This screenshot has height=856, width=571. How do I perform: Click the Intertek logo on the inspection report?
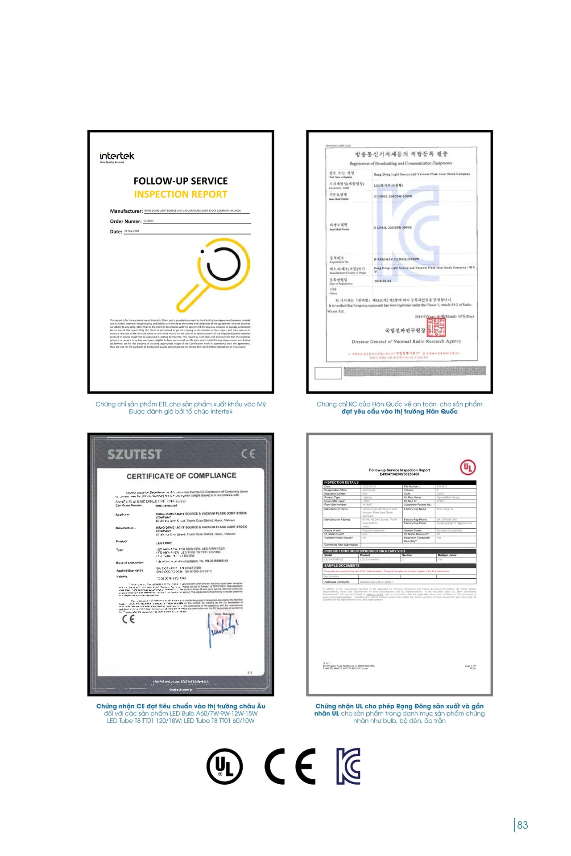pyautogui.click(x=117, y=156)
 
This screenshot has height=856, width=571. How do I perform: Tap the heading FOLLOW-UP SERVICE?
pyautogui.click(x=181, y=181)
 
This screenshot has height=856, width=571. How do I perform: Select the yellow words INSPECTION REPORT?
pyautogui.click(x=181, y=194)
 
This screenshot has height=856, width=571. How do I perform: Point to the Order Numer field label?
pyautogui.click(x=126, y=222)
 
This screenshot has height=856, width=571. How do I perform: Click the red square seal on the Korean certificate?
pyautogui.click(x=436, y=327)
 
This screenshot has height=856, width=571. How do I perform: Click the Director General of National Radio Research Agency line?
pyautogui.click(x=406, y=342)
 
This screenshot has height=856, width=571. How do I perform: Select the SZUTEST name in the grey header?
pyautogui.click(x=134, y=454)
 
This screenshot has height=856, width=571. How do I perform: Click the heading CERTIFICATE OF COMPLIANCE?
pyautogui.click(x=181, y=476)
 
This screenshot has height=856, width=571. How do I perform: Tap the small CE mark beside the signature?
pyautogui.click(x=128, y=619)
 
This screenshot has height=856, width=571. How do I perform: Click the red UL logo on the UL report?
pyautogui.click(x=468, y=467)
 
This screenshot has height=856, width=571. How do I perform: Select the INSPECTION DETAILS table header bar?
pyautogui.click(x=399, y=482)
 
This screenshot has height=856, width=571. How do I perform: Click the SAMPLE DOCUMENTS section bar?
pyautogui.click(x=399, y=565)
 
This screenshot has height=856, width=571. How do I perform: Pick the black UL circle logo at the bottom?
pyautogui.click(x=224, y=766)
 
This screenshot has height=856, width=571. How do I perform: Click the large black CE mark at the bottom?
pyautogui.click(x=290, y=766)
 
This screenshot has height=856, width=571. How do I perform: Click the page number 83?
pyautogui.click(x=522, y=825)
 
